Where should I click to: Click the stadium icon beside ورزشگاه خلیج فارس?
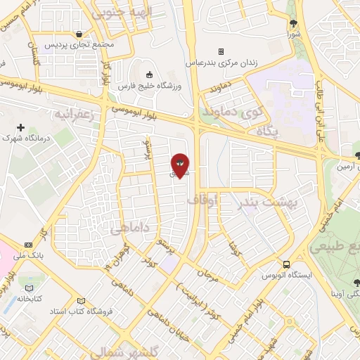tap(148, 75)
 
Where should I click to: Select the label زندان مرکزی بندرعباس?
tap(221, 63)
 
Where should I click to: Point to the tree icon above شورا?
tap(294, 23)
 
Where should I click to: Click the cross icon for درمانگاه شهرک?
tap(20, 128)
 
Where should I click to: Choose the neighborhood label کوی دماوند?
tap(232, 111)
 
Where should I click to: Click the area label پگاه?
tap(266, 131)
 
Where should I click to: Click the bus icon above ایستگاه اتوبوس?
tap(285, 264)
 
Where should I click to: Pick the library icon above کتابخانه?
tap(29, 288)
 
